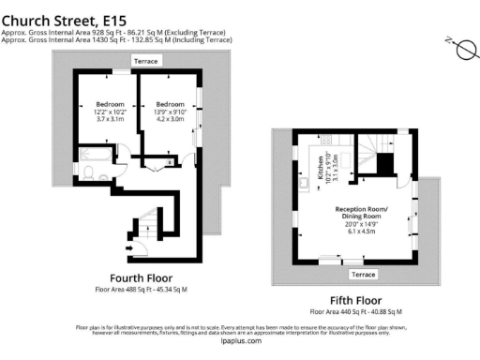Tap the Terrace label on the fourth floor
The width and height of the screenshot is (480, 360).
pyautogui.click(x=148, y=60)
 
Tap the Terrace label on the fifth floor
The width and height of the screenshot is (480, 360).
pyautogui.click(x=362, y=274)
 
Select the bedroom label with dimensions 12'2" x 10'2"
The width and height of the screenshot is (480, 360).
pyautogui.click(x=110, y=112)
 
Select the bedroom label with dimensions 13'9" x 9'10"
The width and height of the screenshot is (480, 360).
pyautogui.click(x=170, y=112)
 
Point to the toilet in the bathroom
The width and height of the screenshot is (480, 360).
pyautogui.click(x=87, y=172)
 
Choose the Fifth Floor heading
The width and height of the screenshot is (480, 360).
pyautogui.click(x=355, y=299)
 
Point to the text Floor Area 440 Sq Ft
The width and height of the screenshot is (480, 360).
pyautogui.click(x=355, y=311)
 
